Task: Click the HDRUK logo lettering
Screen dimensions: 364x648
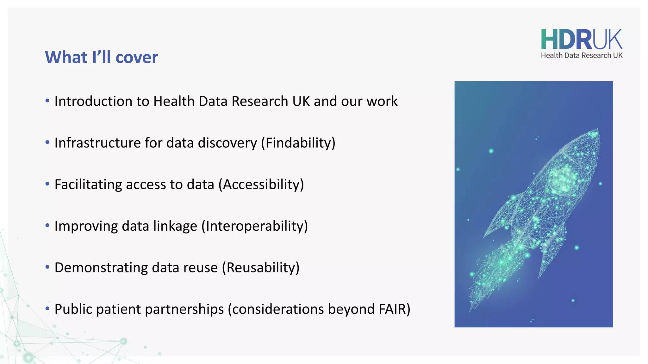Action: (x=581, y=39)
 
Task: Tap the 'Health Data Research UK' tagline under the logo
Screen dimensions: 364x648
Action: (x=581, y=56)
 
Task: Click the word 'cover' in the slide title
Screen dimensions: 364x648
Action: (x=137, y=58)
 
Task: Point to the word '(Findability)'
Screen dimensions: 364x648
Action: (x=298, y=143)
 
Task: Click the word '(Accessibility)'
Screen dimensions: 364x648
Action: (x=261, y=185)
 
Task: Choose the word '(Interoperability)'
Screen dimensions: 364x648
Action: (x=254, y=226)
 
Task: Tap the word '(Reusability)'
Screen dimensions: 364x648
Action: (x=260, y=268)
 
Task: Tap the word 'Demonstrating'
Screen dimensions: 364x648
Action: (x=101, y=268)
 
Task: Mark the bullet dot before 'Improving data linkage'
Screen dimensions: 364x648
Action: (x=47, y=226)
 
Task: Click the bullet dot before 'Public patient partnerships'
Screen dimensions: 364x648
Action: (x=47, y=308)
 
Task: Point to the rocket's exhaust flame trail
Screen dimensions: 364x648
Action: (x=494, y=272)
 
